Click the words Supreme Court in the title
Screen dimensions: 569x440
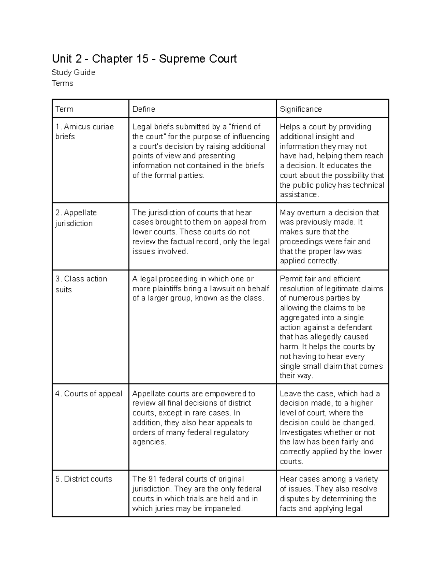(x=198, y=59)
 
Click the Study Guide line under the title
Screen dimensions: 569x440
(x=73, y=73)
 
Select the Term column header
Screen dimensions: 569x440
(x=64, y=109)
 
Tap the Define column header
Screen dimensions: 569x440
(x=143, y=109)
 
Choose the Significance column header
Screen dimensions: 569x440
(x=301, y=109)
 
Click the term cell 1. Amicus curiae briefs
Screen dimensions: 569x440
(x=84, y=132)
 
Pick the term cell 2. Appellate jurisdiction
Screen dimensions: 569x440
(x=76, y=218)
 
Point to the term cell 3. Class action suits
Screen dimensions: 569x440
(x=81, y=284)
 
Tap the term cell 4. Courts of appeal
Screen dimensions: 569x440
(x=88, y=394)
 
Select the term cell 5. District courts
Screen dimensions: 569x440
(x=84, y=479)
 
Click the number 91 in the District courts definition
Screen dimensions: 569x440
(x=153, y=479)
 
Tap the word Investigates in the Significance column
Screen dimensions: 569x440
(x=301, y=432)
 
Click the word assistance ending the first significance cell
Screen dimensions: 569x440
(x=298, y=195)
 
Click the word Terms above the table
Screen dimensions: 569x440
(x=62, y=84)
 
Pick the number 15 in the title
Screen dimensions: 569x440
(x=142, y=59)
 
